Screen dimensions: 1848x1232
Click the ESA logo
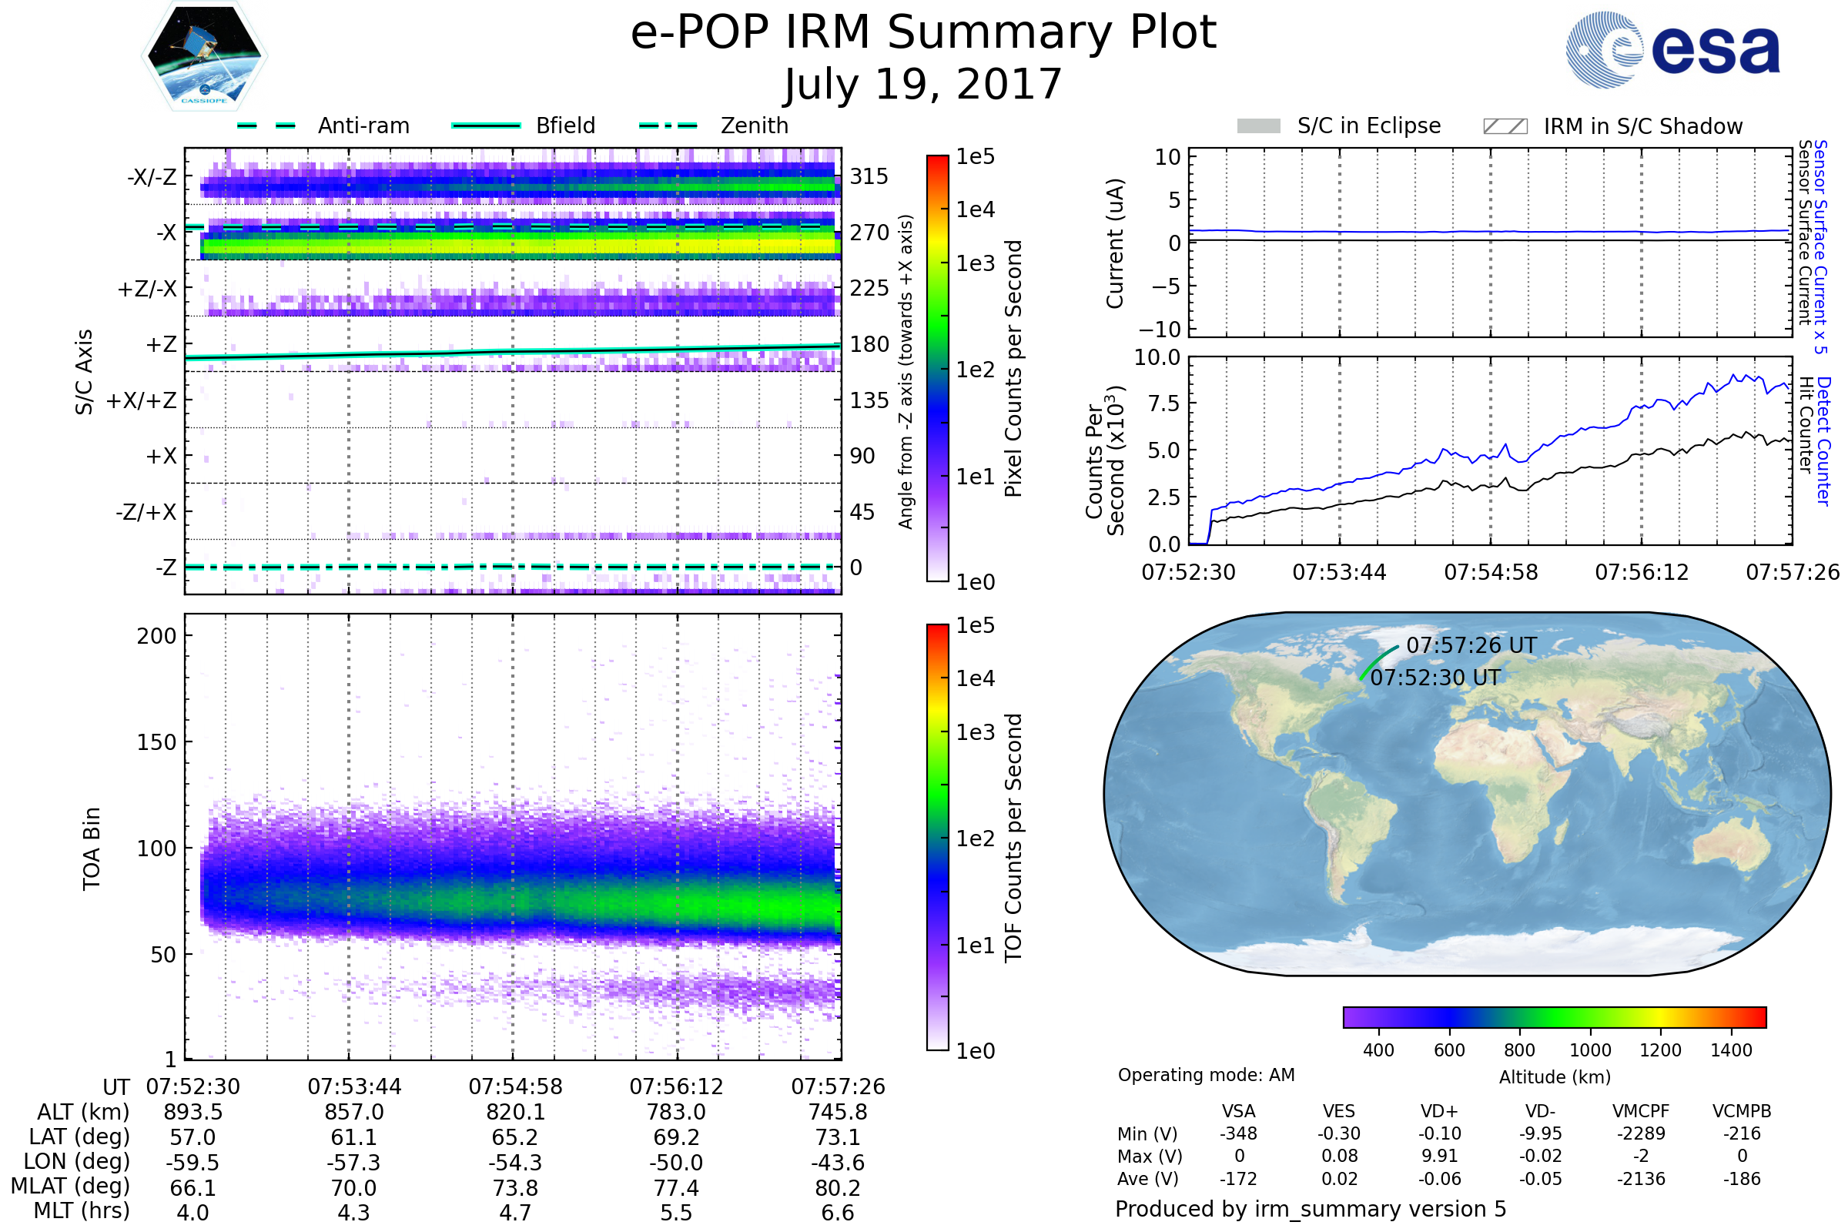1672,49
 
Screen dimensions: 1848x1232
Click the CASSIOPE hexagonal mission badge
204,55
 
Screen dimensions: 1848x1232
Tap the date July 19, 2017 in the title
923,84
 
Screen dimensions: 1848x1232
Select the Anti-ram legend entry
323,126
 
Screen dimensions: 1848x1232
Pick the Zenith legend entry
714,126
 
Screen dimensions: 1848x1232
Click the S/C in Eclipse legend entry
1339,126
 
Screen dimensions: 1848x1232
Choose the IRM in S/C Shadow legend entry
1613,126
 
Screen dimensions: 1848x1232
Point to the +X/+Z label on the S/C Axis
142,400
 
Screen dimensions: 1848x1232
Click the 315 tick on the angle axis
869,176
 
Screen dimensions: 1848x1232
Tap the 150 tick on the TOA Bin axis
156,742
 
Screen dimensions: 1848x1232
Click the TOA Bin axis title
92,849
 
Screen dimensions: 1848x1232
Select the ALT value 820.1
515,1113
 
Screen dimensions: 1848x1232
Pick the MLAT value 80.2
838,1188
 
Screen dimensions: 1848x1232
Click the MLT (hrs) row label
82,1210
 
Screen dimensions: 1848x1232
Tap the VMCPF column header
1641,1112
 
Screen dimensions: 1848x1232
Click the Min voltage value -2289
1641,1133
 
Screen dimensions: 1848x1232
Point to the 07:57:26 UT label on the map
1471,645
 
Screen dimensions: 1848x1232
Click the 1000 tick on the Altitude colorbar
1590,1050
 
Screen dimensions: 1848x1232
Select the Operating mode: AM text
1206,1075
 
